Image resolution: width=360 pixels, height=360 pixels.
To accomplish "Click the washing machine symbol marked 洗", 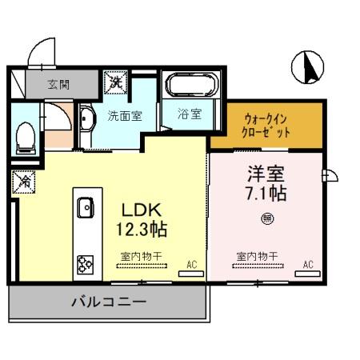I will (116, 81).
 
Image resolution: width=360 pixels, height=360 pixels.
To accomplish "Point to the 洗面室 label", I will (125, 115).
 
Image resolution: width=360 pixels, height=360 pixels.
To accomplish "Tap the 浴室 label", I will (189, 114).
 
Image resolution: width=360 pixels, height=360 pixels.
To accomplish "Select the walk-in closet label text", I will (266, 125).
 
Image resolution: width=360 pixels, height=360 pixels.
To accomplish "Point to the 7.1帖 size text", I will (266, 194).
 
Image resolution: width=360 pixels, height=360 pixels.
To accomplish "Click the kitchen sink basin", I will (86, 209).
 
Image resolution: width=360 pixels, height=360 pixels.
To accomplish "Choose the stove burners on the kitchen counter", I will (85, 263).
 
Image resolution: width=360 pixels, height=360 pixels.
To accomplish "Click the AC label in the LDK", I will (191, 263).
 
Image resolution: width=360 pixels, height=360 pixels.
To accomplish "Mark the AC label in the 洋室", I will (308, 263).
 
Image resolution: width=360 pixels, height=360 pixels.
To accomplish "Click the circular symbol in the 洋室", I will (265, 216).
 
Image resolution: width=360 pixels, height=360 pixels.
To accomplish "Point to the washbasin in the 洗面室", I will (89, 118).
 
